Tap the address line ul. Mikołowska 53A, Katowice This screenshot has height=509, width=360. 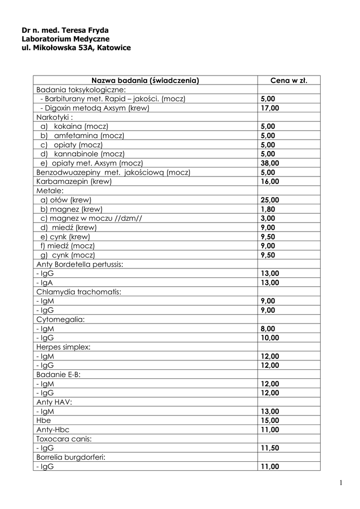pyautogui.click(x=76, y=48)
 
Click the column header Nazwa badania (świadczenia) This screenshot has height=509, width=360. pyautogui.click(x=145, y=80)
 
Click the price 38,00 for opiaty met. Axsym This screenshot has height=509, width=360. pyautogui.click(x=270, y=163)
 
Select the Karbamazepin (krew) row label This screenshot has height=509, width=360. pyautogui.click(x=74, y=181)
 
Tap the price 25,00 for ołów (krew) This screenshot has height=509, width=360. pyautogui.click(x=270, y=200)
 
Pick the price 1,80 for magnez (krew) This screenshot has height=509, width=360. pyautogui.click(x=268, y=209)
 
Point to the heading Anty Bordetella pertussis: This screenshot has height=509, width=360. pyautogui.click(x=80, y=264)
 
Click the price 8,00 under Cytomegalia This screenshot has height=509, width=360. pyautogui.click(x=268, y=329)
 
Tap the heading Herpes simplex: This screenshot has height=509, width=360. pyautogui.click(x=63, y=347)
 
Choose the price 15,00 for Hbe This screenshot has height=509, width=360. pyautogui.click(x=270, y=421)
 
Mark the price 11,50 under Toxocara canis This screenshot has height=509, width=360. pyautogui.click(x=270, y=448)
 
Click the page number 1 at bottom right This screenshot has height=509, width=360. pyautogui.click(x=341, y=483)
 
